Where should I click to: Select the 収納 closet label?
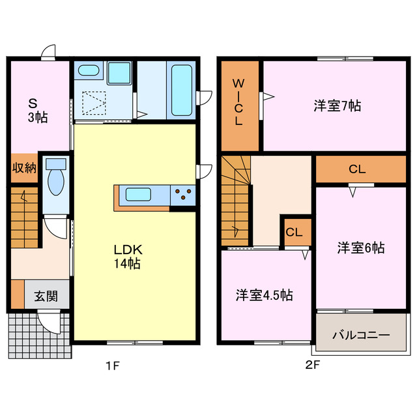pyautogui.click(x=24, y=168)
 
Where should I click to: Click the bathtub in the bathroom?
pyautogui.click(x=180, y=90)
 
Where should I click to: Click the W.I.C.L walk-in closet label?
pyautogui.click(x=239, y=103)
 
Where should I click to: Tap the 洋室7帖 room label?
pyautogui.click(x=338, y=106)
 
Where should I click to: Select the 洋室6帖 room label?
pyautogui.click(x=360, y=248)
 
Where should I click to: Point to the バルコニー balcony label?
pyautogui.click(x=361, y=335)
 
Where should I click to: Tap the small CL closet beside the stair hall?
pyautogui.click(x=294, y=232)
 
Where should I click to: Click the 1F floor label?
pyautogui.click(x=113, y=366)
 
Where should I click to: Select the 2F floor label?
pyautogui.click(x=313, y=366)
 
